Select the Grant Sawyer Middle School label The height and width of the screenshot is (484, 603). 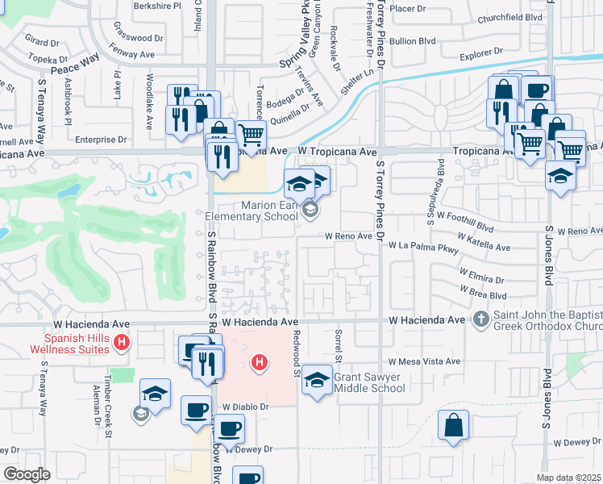click(369, 382)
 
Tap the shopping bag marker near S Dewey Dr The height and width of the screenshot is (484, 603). click(453, 424)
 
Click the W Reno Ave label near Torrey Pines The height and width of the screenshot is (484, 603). click(349, 236)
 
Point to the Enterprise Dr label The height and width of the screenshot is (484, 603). click(101, 140)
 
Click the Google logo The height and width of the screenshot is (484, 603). click(27, 474)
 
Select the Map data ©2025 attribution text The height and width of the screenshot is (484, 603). click(568, 478)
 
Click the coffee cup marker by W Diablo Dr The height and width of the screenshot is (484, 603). click(195, 410)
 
